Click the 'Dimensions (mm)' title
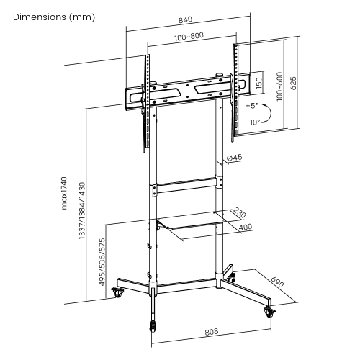(x=53, y=17)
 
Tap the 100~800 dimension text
(x=187, y=35)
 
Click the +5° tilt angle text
(x=252, y=106)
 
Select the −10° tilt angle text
(x=252, y=122)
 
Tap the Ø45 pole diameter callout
(x=234, y=158)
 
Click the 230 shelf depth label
(x=240, y=215)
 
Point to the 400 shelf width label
(x=246, y=228)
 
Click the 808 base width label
(x=211, y=333)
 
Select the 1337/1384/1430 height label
(x=84, y=210)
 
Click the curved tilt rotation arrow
(x=267, y=114)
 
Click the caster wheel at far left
(x=117, y=294)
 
